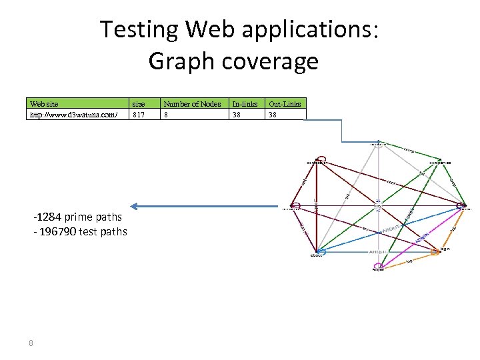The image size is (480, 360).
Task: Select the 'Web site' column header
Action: pos(44,104)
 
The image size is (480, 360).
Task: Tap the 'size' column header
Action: pos(139,104)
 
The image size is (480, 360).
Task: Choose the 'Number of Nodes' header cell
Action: pos(192,104)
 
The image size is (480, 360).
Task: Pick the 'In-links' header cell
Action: pos(244,104)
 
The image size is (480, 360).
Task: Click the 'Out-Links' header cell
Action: pos(285,104)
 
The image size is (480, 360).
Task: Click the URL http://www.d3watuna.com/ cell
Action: pos(74,115)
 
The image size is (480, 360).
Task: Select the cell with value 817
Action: pos(139,115)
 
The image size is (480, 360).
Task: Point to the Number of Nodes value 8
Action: pos(167,115)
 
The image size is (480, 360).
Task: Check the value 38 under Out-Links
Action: pos(273,115)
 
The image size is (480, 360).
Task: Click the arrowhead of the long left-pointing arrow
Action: pos(134,206)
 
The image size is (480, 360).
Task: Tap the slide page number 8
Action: pos(31,343)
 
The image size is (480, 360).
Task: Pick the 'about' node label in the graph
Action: pos(316,255)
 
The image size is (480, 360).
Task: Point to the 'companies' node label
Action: pos(440,162)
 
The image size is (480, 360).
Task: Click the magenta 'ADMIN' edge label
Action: pos(421,238)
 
